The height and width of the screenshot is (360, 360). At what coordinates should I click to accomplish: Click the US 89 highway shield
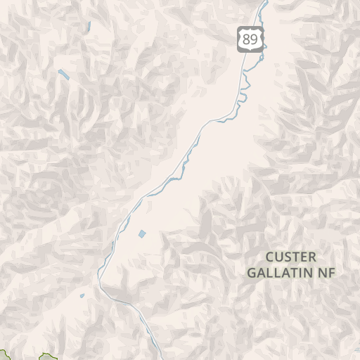point(250,39)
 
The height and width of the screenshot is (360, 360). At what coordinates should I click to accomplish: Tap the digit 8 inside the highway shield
point(245,40)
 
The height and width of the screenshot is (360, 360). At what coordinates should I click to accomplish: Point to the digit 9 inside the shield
point(254,40)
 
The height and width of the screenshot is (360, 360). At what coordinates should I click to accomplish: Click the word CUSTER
point(291,257)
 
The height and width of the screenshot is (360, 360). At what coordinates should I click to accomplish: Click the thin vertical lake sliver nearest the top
point(89,28)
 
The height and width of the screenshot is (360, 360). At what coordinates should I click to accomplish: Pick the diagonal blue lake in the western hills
point(63,74)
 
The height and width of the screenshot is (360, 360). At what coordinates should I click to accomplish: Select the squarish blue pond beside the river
point(143,233)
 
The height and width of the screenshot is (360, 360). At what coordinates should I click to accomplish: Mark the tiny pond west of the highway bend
point(82,295)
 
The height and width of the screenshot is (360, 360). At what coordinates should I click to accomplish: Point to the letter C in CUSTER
point(270,257)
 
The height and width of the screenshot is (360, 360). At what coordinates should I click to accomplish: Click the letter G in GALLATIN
point(252,272)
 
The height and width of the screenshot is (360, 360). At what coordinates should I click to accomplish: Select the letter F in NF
point(331,272)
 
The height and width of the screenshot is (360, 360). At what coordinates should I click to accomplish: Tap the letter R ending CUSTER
point(312,257)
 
